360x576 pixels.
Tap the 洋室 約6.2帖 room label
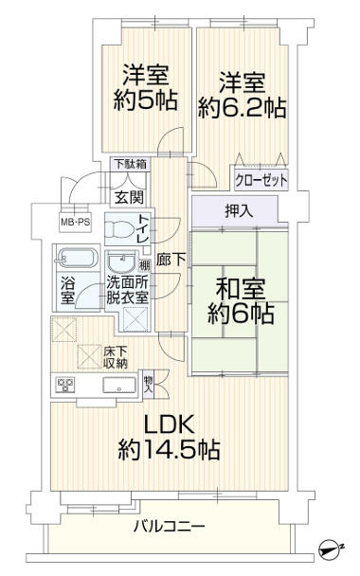tap(242, 94)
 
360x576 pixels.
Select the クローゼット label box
tap(261, 179)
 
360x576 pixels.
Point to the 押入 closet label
tap(238, 211)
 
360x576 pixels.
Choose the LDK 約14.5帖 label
tap(170, 438)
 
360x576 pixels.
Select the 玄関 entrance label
tap(128, 197)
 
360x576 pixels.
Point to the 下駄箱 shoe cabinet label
tap(130, 165)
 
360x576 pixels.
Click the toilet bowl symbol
tap(118, 230)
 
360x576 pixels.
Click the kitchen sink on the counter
tap(118, 386)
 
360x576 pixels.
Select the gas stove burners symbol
tap(65, 386)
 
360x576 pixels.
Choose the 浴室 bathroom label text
tap(68, 290)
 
